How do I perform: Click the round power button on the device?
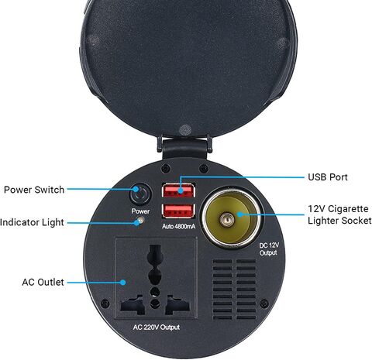pyautogui.click(x=140, y=194)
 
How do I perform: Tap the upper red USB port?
pyautogui.click(x=178, y=190)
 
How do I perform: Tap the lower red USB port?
pyautogui.click(x=178, y=211)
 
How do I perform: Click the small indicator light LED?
pyautogui.click(x=140, y=221)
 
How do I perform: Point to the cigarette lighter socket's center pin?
pyautogui.click(x=227, y=220)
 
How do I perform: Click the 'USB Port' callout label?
pyautogui.click(x=328, y=177)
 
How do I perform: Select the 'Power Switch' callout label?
pyautogui.click(x=34, y=190)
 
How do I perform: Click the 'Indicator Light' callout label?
pyautogui.click(x=32, y=222)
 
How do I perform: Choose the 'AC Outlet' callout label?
pyautogui.click(x=43, y=282)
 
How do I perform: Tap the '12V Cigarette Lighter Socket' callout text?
pyautogui.click(x=339, y=214)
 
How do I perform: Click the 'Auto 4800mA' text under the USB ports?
pyautogui.click(x=178, y=227)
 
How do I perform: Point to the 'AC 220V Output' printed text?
pyautogui.click(x=157, y=327)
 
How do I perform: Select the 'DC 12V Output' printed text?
pyautogui.click(x=269, y=249)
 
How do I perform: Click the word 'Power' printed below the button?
pyautogui.click(x=140, y=211)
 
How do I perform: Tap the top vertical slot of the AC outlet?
pyautogui.click(x=155, y=253)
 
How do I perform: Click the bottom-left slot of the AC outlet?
pyautogui.click(x=133, y=304)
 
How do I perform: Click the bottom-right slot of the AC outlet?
pyautogui.click(x=177, y=304)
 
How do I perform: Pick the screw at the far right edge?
pyautogui.click(x=263, y=303)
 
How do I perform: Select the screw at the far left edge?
pyautogui.click(x=105, y=303)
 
